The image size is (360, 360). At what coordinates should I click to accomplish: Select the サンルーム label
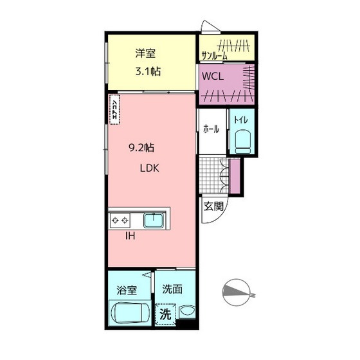214,55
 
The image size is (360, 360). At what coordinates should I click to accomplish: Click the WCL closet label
213,75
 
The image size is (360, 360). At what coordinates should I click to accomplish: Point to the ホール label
211,129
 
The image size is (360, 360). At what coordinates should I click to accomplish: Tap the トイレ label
241,120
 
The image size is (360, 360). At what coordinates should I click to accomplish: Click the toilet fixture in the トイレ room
242,140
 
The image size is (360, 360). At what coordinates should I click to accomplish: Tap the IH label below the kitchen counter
130,236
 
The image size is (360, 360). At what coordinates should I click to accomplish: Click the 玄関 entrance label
214,206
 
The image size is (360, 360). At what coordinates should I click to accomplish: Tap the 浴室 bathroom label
126,289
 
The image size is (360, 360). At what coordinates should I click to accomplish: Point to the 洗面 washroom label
172,289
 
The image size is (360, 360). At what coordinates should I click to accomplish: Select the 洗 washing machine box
165,315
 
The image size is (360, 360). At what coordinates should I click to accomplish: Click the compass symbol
238,292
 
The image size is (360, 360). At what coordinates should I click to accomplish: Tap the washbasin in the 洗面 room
186,313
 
